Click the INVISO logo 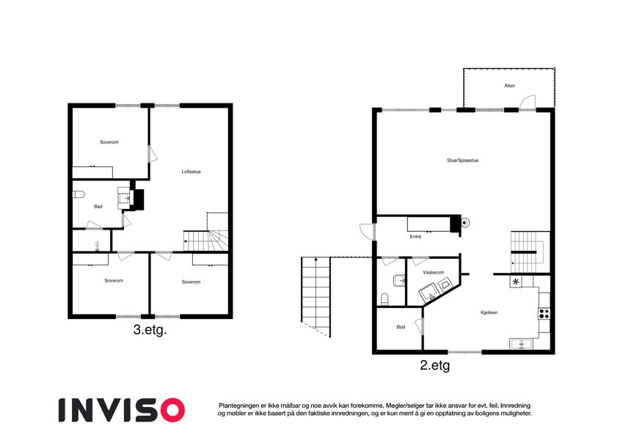click(x=122, y=410)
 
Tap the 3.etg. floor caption click(x=150, y=329)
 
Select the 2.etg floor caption click(x=434, y=365)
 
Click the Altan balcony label click(x=510, y=86)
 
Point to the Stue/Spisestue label click(x=462, y=161)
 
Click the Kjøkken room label click(x=489, y=312)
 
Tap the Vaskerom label click(x=433, y=272)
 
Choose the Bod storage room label click(x=401, y=327)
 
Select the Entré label click(x=415, y=237)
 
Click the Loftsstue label click(x=191, y=172)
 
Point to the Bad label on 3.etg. click(x=98, y=207)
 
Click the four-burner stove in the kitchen click(x=544, y=313)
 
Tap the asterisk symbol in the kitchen click(x=516, y=282)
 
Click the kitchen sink click(x=521, y=344)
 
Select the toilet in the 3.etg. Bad click(x=79, y=194)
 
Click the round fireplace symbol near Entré click(x=464, y=223)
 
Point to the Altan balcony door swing click(x=528, y=102)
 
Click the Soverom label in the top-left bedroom click(x=109, y=142)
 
